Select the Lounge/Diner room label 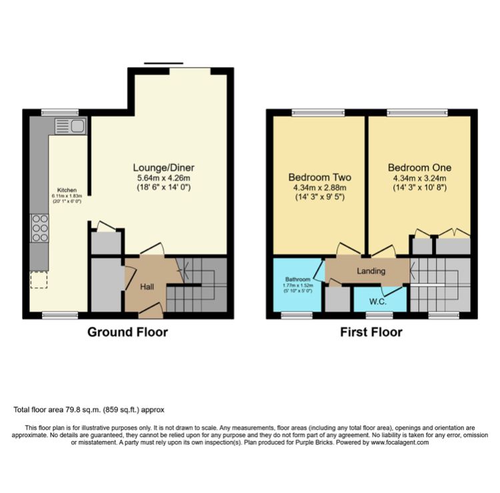[163, 167]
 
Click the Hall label [147, 286]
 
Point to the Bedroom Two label [319, 178]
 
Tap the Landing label [372, 271]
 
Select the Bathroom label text [298, 279]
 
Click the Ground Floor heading [127, 332]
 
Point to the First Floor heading [372, 332]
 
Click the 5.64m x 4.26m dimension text [163, 178]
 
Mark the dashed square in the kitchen [39, 280]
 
